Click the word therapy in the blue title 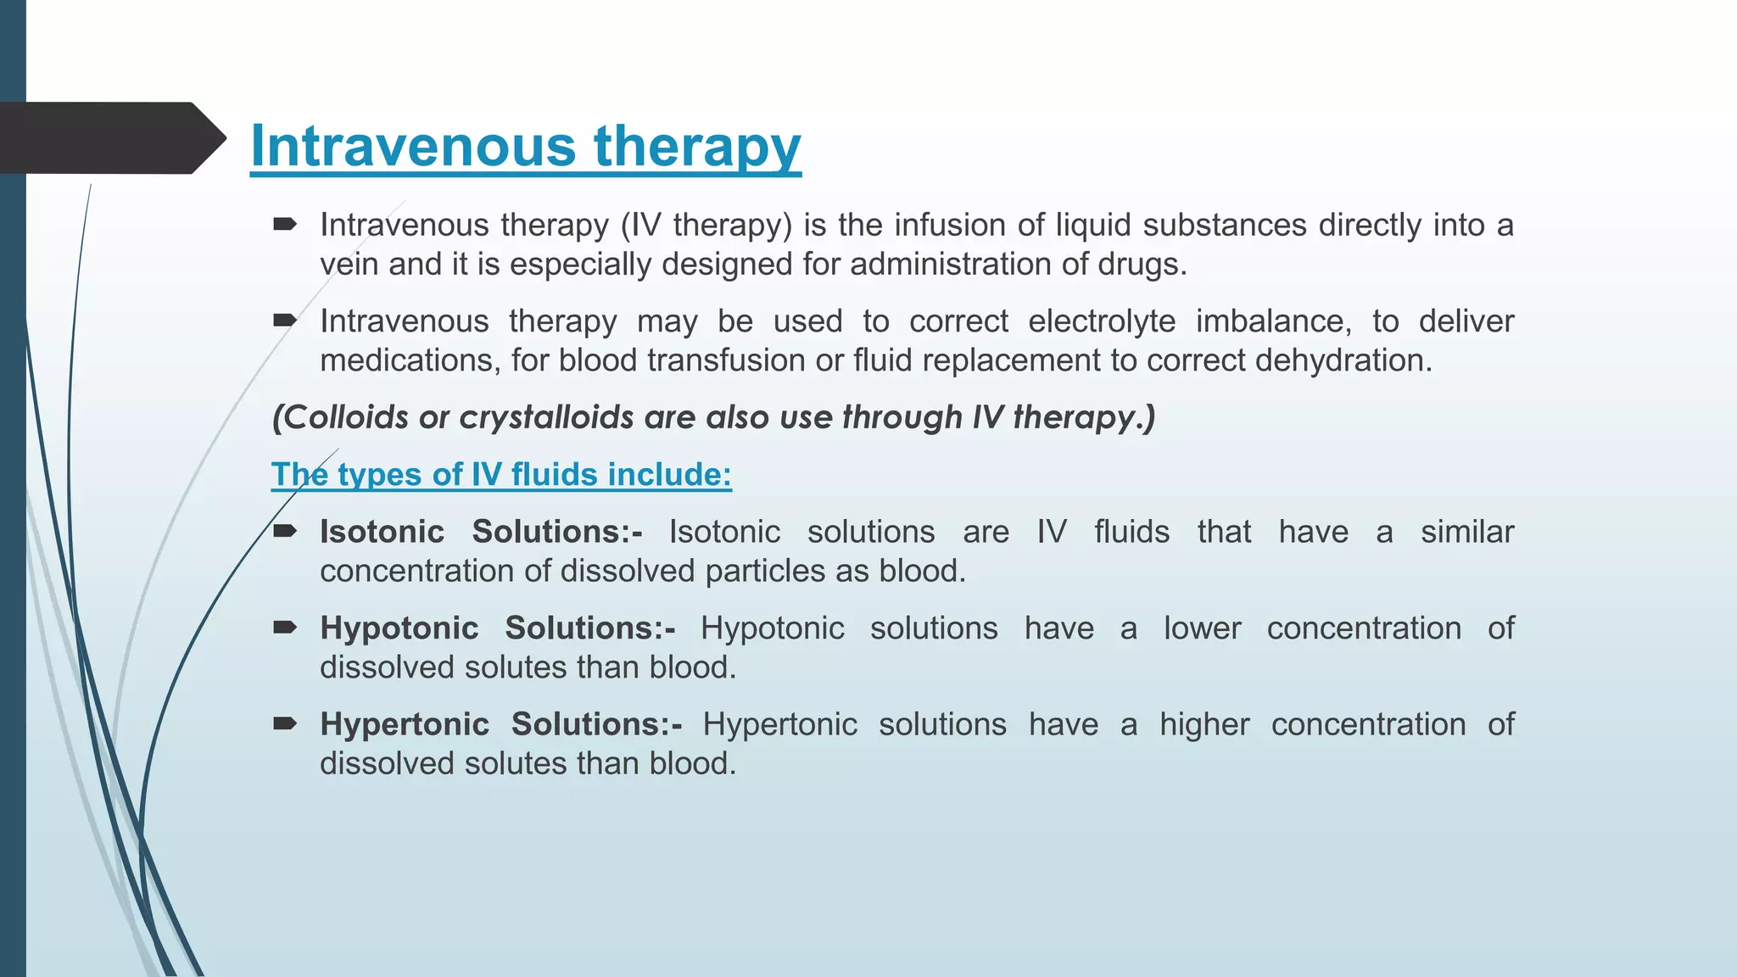pyautogui.click(x=697, y=146)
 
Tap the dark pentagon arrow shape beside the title pyautogui.click(x=110, y=138)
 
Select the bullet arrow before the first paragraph pyautogui.click(x=285, y=225)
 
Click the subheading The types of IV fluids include pyautogui.click(x=500, y=474)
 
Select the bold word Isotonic pyautogui.click(x=382, y=532)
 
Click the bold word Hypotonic pyautogui.click(x=399, y=628)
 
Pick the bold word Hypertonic pyautogui.click(x=404, y=724)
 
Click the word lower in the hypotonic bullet pyautogui.click(x=1202, y=628)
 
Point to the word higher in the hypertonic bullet pyautogui.click(x=1204, y=724)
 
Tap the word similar pyautogui.click(x=1467, y=532)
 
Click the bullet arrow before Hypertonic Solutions pyautogui.click(x=285, y=723)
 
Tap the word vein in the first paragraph pyautogui.click(x=349, y=265)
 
